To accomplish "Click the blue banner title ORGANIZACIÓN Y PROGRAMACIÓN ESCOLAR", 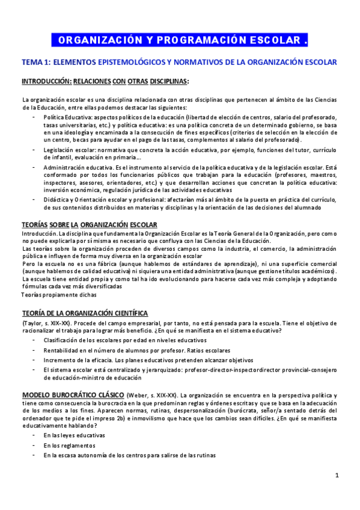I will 180,40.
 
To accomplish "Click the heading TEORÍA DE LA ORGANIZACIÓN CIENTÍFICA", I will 85,313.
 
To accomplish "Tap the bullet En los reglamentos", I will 69,446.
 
